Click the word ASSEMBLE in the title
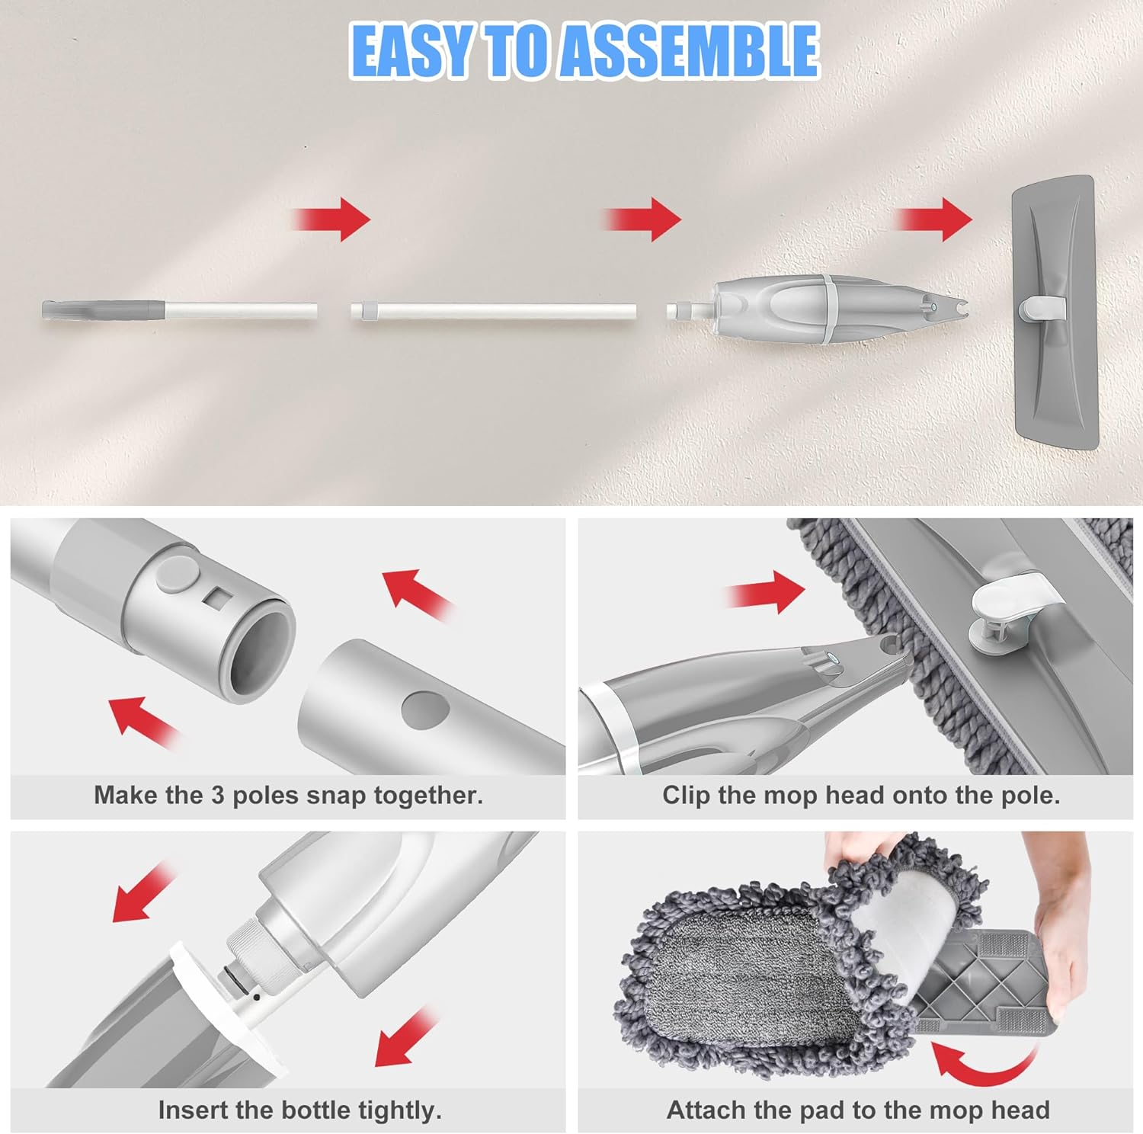(690, 50)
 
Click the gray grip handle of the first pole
(103, 311)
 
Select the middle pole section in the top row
(494, 312)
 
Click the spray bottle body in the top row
(819, 310)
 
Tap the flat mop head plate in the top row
(1055, 312)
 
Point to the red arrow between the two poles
(331, 219)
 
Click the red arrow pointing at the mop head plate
(933, 219)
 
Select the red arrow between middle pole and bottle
(642, 219)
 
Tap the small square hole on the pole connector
(216, 597)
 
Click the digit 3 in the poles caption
(217, 796)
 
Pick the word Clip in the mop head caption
(687, 796)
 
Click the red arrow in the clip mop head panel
(766, 591)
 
